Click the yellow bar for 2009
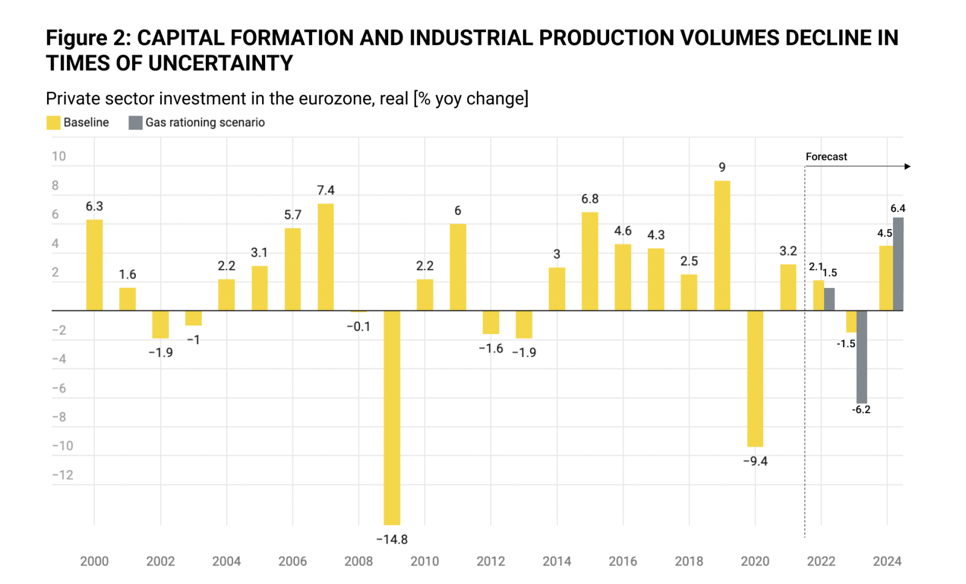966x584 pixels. point(392,417)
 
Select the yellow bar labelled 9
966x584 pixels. point(722,245)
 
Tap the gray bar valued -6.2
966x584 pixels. point(862,356)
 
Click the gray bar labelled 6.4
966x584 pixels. point(898,264)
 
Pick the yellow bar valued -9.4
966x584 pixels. point(755,378)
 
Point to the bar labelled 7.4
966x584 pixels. point(325,257)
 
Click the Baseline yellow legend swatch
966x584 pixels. point(53,123)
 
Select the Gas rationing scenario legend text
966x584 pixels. point(205,123)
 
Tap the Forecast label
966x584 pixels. point(826,156)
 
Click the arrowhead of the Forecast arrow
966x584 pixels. point(907,166)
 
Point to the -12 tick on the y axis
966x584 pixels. point(62,475)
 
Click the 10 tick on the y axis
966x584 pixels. point(59,156)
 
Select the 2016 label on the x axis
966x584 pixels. point(622,561)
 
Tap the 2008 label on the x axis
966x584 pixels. point(359,561)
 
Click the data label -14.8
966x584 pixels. point(392,539)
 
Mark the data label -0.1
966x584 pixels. point(359,327)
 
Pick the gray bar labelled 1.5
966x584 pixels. point(830,299)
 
